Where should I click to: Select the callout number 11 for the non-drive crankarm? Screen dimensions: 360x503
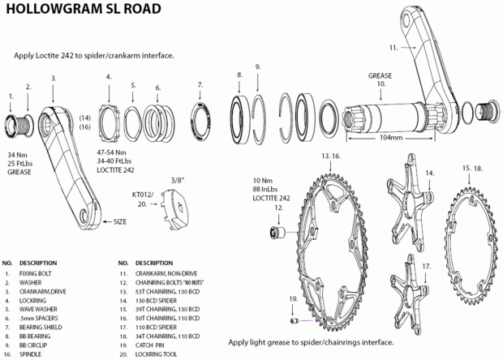click(x=393, y=48)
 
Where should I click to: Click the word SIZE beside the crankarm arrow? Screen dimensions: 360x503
click(x=121, y=221)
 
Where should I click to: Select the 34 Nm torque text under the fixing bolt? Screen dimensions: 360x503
click(x=17, y=153)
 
